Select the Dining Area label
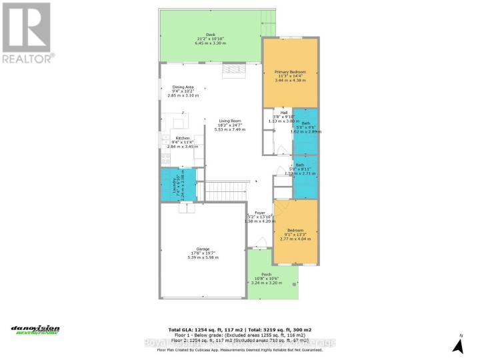pos(183,86)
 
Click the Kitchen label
pos(182,138)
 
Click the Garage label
pos(203,249)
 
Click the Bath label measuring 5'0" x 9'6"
pos(305,123)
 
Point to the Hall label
pos(283,113)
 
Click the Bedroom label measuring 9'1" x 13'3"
pos(295,230)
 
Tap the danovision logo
pos(35,330)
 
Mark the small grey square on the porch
pos(294,285)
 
